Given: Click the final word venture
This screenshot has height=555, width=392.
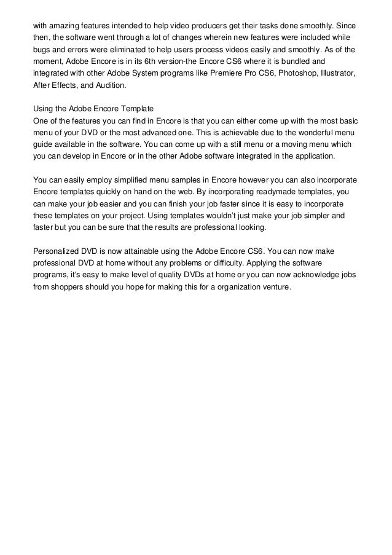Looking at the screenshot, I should tap(277, 287).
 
